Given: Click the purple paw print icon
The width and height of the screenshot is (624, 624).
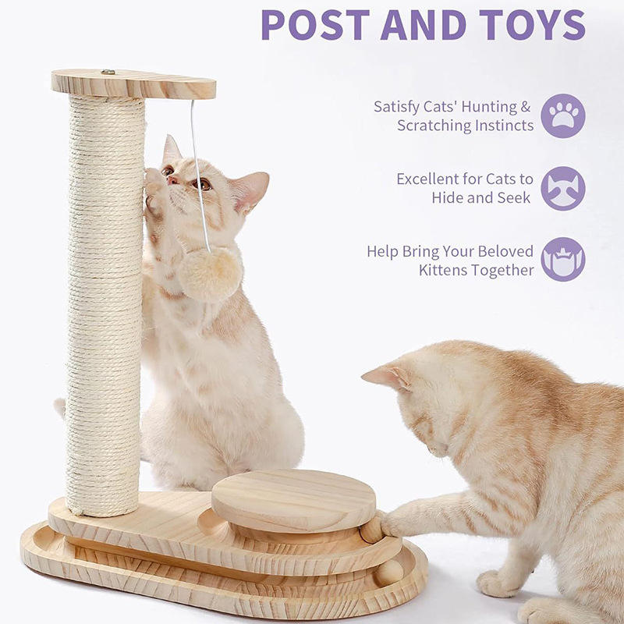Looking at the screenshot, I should pyautogui.click(x=563, y=115).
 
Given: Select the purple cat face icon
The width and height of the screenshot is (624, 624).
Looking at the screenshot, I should pyautogui.click(x=563, y=188).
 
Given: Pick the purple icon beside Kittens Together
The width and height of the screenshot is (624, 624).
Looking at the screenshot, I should pyautogui.click(x=563, y=260).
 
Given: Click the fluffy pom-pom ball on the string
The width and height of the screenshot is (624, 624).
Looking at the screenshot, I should pyautogui.click(x=210, y=274).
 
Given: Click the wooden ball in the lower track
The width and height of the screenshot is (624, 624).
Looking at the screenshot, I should pyautogui.click(x=391, y=572).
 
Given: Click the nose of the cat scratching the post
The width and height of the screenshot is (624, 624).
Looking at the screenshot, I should pyautogui.click(x=170, y=180).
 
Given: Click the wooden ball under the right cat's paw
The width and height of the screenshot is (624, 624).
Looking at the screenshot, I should pyautogui.click(x=372, y=527).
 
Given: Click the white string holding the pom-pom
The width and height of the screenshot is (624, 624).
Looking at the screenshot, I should pyautogui.click(x=198, y=172).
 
